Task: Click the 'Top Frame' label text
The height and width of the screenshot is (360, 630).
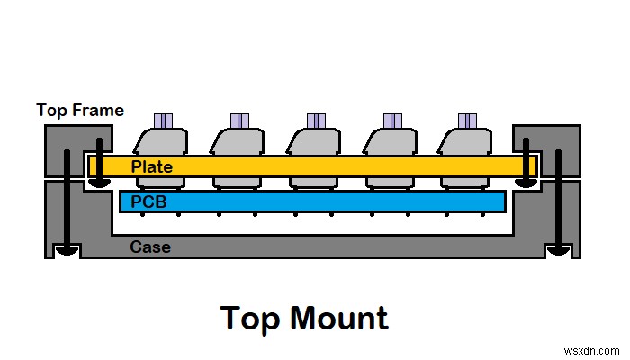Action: pos(79,111)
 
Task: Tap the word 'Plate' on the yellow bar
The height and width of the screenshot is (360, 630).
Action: pos(151,166)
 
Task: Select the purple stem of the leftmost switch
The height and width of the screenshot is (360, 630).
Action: pos(163,121)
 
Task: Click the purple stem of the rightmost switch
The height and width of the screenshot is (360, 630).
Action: pos(467,121)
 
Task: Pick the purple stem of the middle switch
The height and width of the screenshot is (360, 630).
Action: pos(315,121)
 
